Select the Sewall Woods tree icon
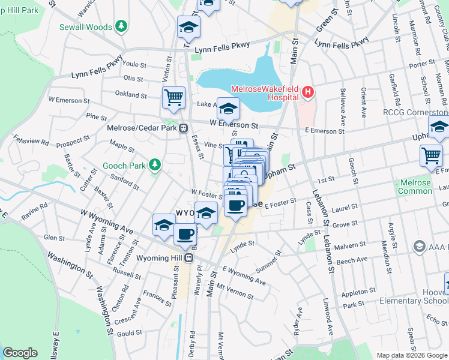[122, 26]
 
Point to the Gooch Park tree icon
[155, 164]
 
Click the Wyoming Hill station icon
[188, 257]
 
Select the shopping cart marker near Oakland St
[173, 96]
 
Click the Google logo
[20, 353]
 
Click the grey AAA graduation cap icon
[419, 247]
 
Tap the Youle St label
[134, 64]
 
